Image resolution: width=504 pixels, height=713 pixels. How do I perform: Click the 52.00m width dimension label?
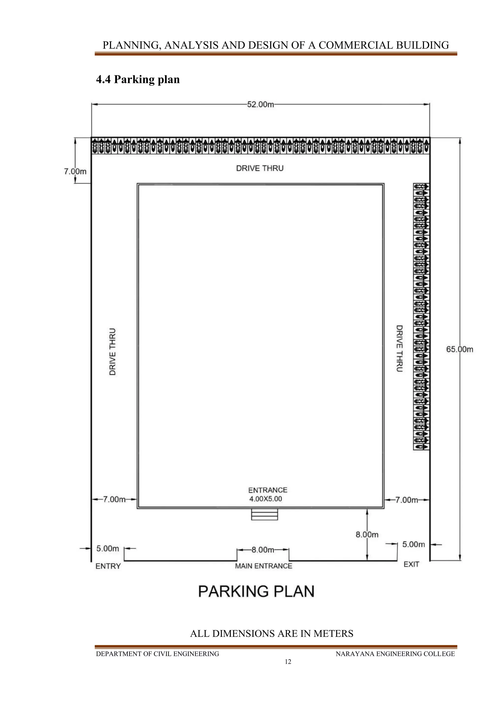click(x=260, y=104)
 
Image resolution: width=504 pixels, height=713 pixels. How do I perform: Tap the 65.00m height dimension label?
click(x=459, y=349)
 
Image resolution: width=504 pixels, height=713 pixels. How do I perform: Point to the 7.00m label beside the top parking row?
click(x=75, y=171)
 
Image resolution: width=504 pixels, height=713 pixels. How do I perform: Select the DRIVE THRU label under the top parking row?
click(x=260, y=168)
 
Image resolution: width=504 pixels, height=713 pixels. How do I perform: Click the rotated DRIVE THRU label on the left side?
click(x=113, y=352)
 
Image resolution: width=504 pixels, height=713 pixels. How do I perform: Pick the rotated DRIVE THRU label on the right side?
click(x=399, y=348)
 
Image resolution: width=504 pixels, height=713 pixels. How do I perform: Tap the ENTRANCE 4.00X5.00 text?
click(x=267, y=494)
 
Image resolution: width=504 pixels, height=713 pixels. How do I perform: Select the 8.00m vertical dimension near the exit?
click(x=367, y=535)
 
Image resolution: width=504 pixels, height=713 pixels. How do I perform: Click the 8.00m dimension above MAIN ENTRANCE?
click(x=263, y=550)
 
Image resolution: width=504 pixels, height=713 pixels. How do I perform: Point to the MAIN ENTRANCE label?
click(x=264, y=566)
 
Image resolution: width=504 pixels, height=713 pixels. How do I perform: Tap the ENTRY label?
click(x=108, y=566)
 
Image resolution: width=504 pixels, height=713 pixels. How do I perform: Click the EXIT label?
click(x=411, y=564)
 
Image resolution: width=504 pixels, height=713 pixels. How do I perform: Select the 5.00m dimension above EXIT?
click(x=413, y=544)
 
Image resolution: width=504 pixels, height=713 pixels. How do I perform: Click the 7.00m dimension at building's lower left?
click(x=114, y=499)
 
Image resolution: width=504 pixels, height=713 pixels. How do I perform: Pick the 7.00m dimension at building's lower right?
click(x=406, y=500)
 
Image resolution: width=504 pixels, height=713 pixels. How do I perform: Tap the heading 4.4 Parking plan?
click(x=138, y=80)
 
